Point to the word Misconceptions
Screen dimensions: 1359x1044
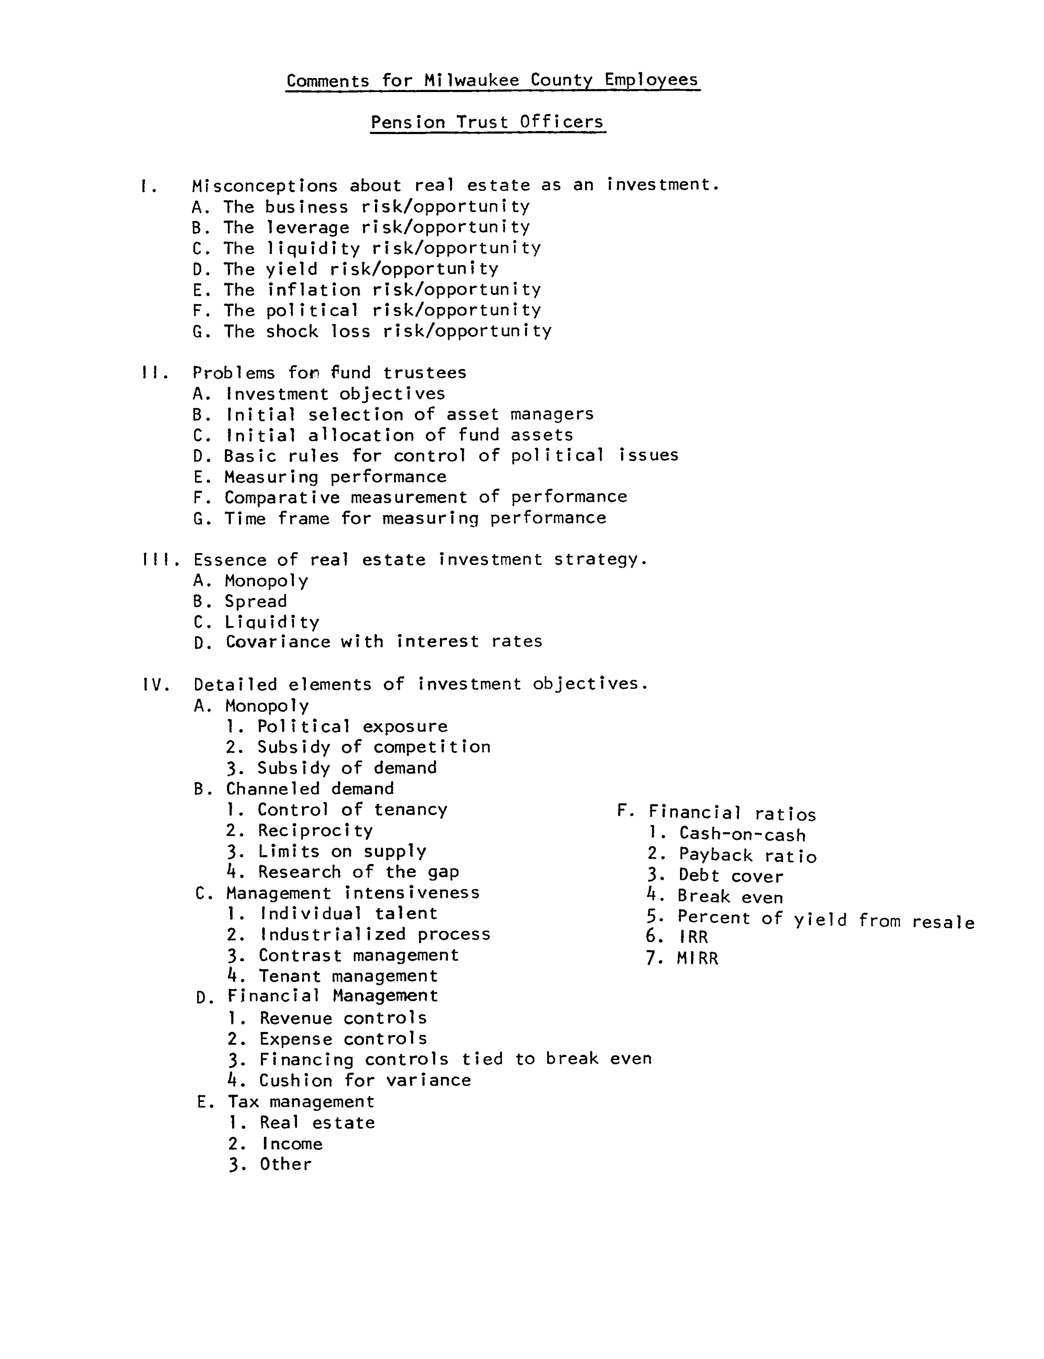265,186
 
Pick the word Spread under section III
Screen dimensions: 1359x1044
255,602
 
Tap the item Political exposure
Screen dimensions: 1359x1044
352,727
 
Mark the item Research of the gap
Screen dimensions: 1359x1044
359,872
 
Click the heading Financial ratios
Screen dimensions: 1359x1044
732,813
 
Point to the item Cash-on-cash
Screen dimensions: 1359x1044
742,835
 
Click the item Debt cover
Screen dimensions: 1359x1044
731,877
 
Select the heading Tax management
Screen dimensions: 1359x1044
301,1102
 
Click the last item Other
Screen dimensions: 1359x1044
285,1164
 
